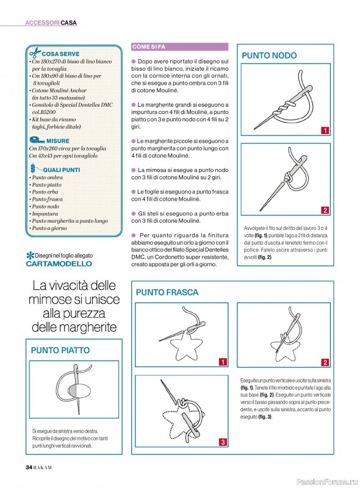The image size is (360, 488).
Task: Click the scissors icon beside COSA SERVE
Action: coord(35,52)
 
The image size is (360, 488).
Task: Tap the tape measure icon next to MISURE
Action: coord(37,140)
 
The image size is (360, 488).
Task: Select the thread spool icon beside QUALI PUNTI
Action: coord(34,168)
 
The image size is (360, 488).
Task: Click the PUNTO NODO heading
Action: coord(269,56)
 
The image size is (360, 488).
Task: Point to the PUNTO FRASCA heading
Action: coord(167,292)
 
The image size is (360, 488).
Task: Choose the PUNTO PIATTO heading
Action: coord(60,350)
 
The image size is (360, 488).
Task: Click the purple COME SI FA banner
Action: coord(179,47)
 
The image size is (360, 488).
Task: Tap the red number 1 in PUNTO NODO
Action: coord(325,131)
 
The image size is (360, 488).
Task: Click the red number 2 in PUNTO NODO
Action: coord(325,210)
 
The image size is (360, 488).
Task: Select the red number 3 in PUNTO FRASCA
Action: coord(223,442)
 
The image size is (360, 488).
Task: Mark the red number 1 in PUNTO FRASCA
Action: coord(223,362)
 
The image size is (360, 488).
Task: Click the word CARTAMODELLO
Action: coord(59,264)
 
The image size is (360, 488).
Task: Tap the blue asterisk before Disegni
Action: coord(31,256)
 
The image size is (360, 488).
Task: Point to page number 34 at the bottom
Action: coord(29,467)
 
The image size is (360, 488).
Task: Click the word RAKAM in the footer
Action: coord(42,467)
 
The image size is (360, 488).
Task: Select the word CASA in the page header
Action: coord(69,23)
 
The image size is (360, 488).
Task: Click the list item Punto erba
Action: coord(45,192)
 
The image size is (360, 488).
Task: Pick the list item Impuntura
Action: coord(45,213)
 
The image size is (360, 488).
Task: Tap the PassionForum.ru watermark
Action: coord(326,482)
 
